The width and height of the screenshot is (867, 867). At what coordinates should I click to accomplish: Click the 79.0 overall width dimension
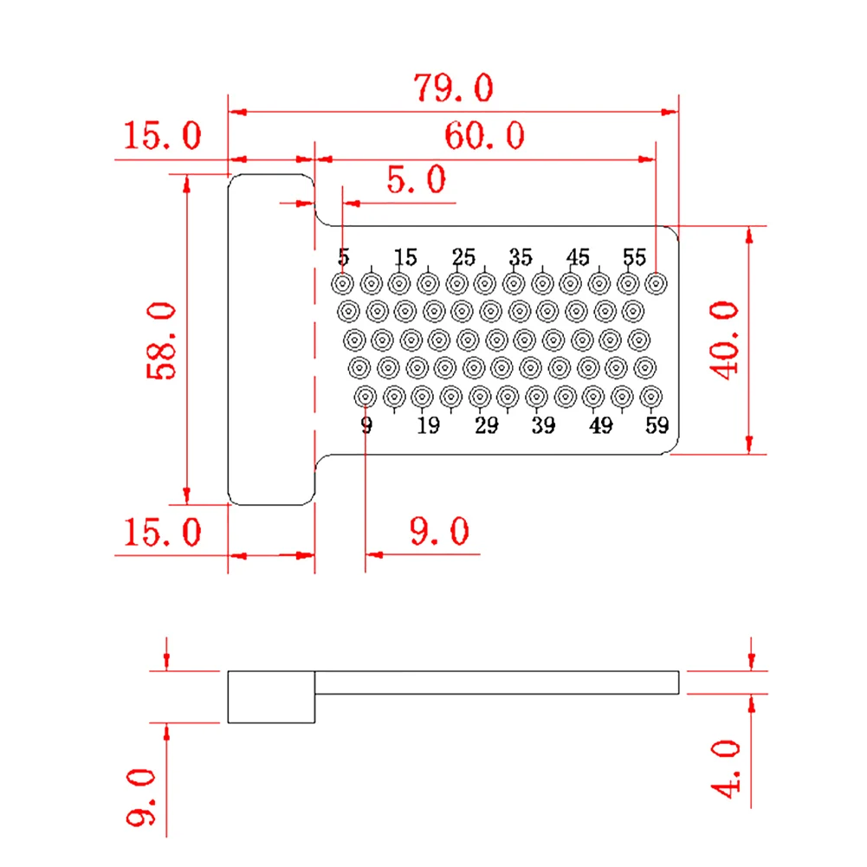pyautogui.click(x=453, y=87)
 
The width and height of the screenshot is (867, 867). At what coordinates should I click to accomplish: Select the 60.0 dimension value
pyautogui.click(x=485, y=135)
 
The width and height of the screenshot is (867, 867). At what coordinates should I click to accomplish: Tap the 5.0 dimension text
pyautogui.click(x=417, y=179)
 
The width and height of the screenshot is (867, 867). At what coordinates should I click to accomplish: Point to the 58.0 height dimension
pyautogui.click(x=161, y=340)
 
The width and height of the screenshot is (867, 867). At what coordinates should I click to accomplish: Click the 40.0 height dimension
pyautogui.click(x=724, y=340)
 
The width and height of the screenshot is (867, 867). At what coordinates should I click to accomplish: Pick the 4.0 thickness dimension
pyautogui.click(x=726, y=769)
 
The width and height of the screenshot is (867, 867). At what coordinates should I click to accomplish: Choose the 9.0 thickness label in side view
pyautogui.click(x=140, y=797)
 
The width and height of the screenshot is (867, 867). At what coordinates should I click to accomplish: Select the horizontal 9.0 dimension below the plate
pyautogui.click(x=440, y=531)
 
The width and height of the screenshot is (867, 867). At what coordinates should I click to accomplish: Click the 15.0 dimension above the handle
pyautogui.click(x=162, y=135)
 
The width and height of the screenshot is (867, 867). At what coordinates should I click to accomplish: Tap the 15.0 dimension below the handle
pyautogui.click(x=162, y=532)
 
